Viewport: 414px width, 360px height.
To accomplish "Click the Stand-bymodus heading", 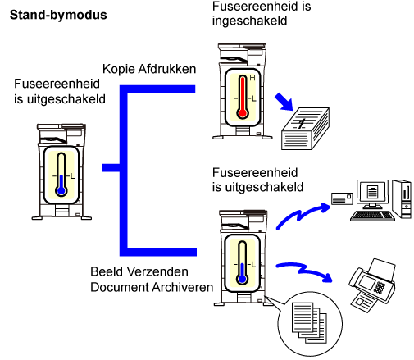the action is [58, 15].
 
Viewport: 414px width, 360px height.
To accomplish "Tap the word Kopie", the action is [118, 69].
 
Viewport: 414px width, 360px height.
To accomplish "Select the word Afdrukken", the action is [167, 69].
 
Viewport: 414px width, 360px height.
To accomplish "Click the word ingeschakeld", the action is [249, 21].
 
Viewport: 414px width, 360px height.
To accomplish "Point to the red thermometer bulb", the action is [243, 113].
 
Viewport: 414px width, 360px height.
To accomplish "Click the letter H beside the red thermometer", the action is [252, 78].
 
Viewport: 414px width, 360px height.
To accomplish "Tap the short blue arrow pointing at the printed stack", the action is [284, 102].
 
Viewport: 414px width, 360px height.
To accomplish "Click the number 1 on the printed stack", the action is [301, 124].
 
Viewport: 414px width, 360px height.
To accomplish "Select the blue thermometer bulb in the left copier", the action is [61, 190].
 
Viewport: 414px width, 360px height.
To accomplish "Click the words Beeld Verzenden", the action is [139, 271].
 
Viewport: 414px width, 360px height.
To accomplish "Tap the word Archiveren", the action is [183, 287].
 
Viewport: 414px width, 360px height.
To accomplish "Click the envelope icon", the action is [342, 198].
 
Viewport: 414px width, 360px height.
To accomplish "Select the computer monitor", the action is [372, 194].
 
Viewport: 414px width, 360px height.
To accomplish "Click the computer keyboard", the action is [372, 216].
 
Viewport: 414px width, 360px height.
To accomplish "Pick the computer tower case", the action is [402, 198].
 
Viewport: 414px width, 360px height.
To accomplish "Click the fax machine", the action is [372, 285].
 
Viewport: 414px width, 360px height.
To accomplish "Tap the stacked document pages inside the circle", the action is [309, 322].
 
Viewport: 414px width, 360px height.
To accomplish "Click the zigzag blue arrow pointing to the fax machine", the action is [305, 271].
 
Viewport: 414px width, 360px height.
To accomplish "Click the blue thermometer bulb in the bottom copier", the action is [242, 279].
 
